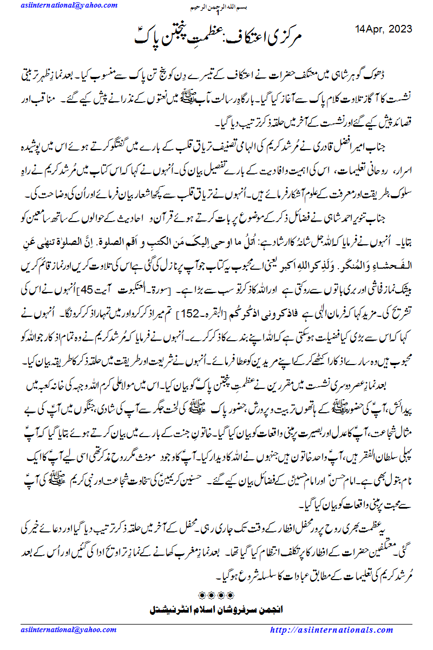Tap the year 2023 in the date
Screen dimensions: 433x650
coord(399,29)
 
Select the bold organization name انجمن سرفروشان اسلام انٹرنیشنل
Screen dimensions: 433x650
coord(216,610)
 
